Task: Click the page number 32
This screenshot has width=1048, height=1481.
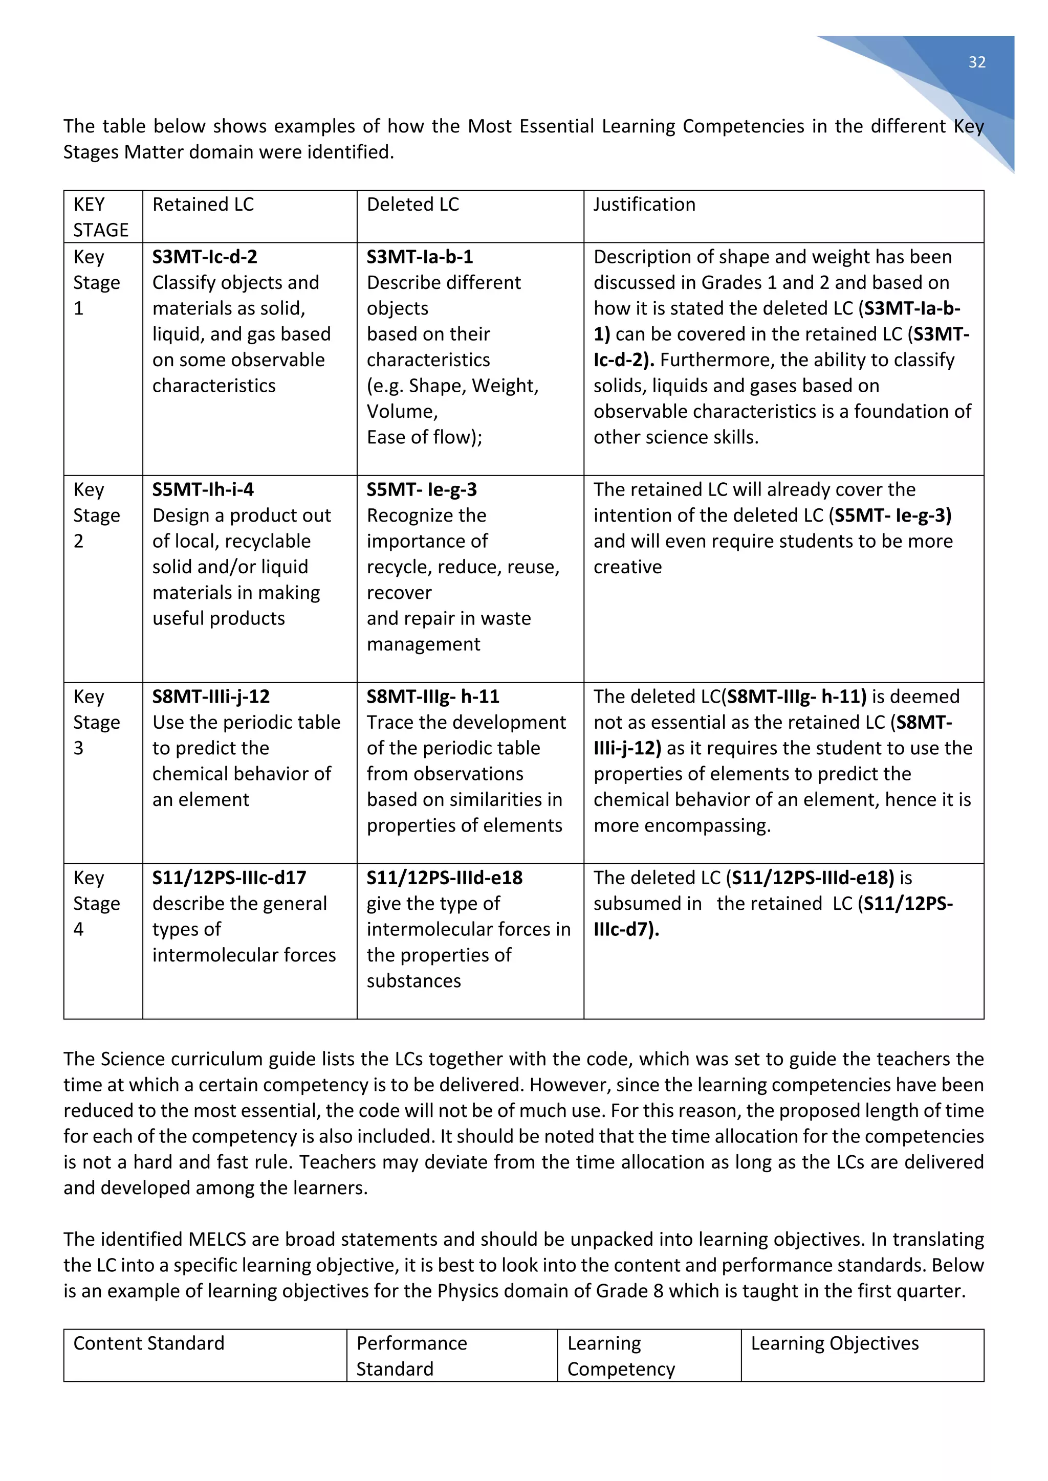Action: click(976, 62)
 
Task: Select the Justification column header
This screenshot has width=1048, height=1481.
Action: click(644, 205)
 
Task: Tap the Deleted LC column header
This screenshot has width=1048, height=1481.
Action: click(412, 205)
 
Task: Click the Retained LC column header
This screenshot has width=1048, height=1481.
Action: click(203, 205)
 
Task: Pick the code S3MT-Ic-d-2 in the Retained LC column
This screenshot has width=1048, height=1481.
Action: click(205, 257)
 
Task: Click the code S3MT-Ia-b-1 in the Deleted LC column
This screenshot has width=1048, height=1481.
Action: click(420, 257)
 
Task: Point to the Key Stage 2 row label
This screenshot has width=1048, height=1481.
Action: click(96, 515)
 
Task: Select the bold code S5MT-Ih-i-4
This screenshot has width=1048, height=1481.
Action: click(203, 489)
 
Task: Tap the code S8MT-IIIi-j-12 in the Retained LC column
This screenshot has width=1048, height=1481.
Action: click(211, 697)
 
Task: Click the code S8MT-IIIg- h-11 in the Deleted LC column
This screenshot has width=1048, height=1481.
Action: click(433, 697)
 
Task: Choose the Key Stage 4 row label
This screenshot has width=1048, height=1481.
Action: click(96, 903)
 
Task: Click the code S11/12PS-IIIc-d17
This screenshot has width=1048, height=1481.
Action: click(229, 878)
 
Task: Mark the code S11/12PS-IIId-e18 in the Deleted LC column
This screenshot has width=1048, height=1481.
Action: click(445, 878)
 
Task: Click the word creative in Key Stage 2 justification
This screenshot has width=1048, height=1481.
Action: click(627, 567)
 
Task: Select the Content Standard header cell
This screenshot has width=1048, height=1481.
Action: click(148, 1343)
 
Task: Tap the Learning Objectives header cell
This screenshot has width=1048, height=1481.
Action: click(835, 1343)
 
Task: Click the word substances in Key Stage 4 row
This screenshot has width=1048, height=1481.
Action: click(413, 981)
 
